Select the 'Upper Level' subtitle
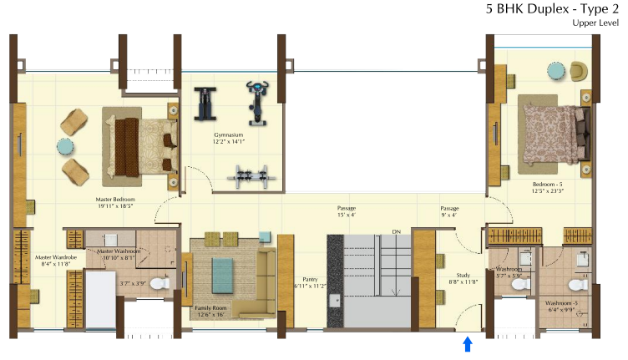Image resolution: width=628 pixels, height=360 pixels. point(595,23)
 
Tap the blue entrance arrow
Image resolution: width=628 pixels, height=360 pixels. point(468,344)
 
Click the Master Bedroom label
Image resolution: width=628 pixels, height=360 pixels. point(114,204)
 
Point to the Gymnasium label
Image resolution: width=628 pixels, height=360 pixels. point(227,138)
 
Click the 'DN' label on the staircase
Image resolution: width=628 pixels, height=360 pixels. point(397,231)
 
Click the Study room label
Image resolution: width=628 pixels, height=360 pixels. point(463,278)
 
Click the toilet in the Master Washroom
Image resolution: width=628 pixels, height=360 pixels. point(164,283)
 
